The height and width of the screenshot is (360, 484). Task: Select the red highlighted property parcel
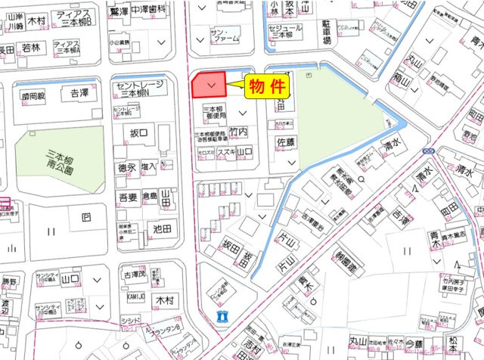coord(211,84)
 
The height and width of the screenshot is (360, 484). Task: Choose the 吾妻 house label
coord(128,197)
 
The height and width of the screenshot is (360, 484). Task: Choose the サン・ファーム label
coord(225,34)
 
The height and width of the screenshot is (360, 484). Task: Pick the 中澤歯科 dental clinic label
coord(148,11)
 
